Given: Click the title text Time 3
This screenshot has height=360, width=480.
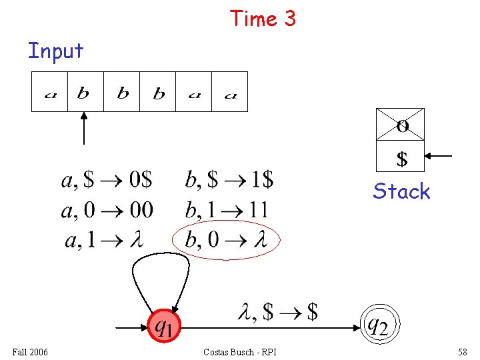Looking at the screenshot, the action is coord(263,19).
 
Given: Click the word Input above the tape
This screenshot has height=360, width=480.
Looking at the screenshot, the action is coord(55,51).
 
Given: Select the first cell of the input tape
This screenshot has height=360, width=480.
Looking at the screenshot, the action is coord(50,92).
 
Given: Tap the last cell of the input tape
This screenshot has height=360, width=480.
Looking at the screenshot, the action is coord(230,92).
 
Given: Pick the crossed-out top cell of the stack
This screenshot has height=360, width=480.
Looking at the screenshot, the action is coord(401,124).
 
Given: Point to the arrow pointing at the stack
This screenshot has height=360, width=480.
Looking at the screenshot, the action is coord(439,156).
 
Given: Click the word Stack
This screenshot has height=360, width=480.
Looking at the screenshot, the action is coord(401,191).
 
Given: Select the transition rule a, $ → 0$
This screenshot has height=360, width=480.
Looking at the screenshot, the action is coord(107,179).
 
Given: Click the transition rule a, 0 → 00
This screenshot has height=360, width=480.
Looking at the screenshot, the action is coord(107,210).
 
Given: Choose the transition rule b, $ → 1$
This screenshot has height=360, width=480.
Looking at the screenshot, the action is coord(229,179).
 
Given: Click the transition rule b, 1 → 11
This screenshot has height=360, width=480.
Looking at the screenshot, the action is coord(227,210).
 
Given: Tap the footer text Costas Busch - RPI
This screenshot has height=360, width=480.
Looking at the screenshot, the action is coord(240,351).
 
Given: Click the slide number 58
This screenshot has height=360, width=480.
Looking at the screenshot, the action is coord(462,351).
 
